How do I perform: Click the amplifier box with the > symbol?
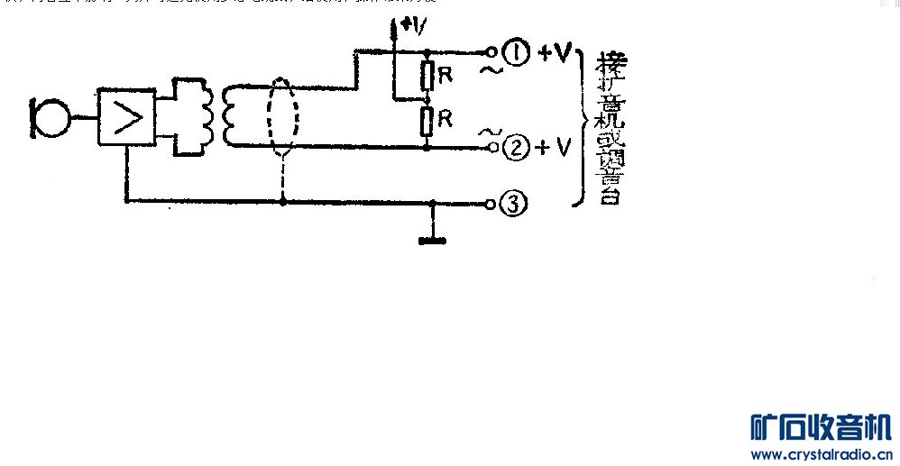[x=125, y=117]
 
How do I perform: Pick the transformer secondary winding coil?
[x=232, y=115]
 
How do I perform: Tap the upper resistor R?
[x=428, y=76]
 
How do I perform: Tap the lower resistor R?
[x=428, y=121]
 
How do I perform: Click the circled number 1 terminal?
[x=515, y=54]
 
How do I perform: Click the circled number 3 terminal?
[x=512, y=205]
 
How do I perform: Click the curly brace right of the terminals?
[x=580, y=126]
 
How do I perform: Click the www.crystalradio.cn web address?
[x=820, y=453]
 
